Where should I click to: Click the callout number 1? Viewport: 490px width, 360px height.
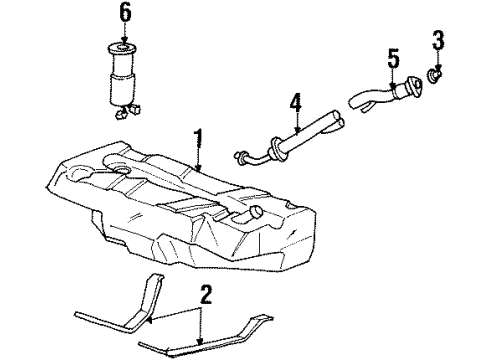pos(199,138)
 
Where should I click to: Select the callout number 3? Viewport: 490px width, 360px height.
pos(437,42)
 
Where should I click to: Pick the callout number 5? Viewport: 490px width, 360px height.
pos(393,56)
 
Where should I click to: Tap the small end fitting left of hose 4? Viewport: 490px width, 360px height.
pos(242,156)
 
